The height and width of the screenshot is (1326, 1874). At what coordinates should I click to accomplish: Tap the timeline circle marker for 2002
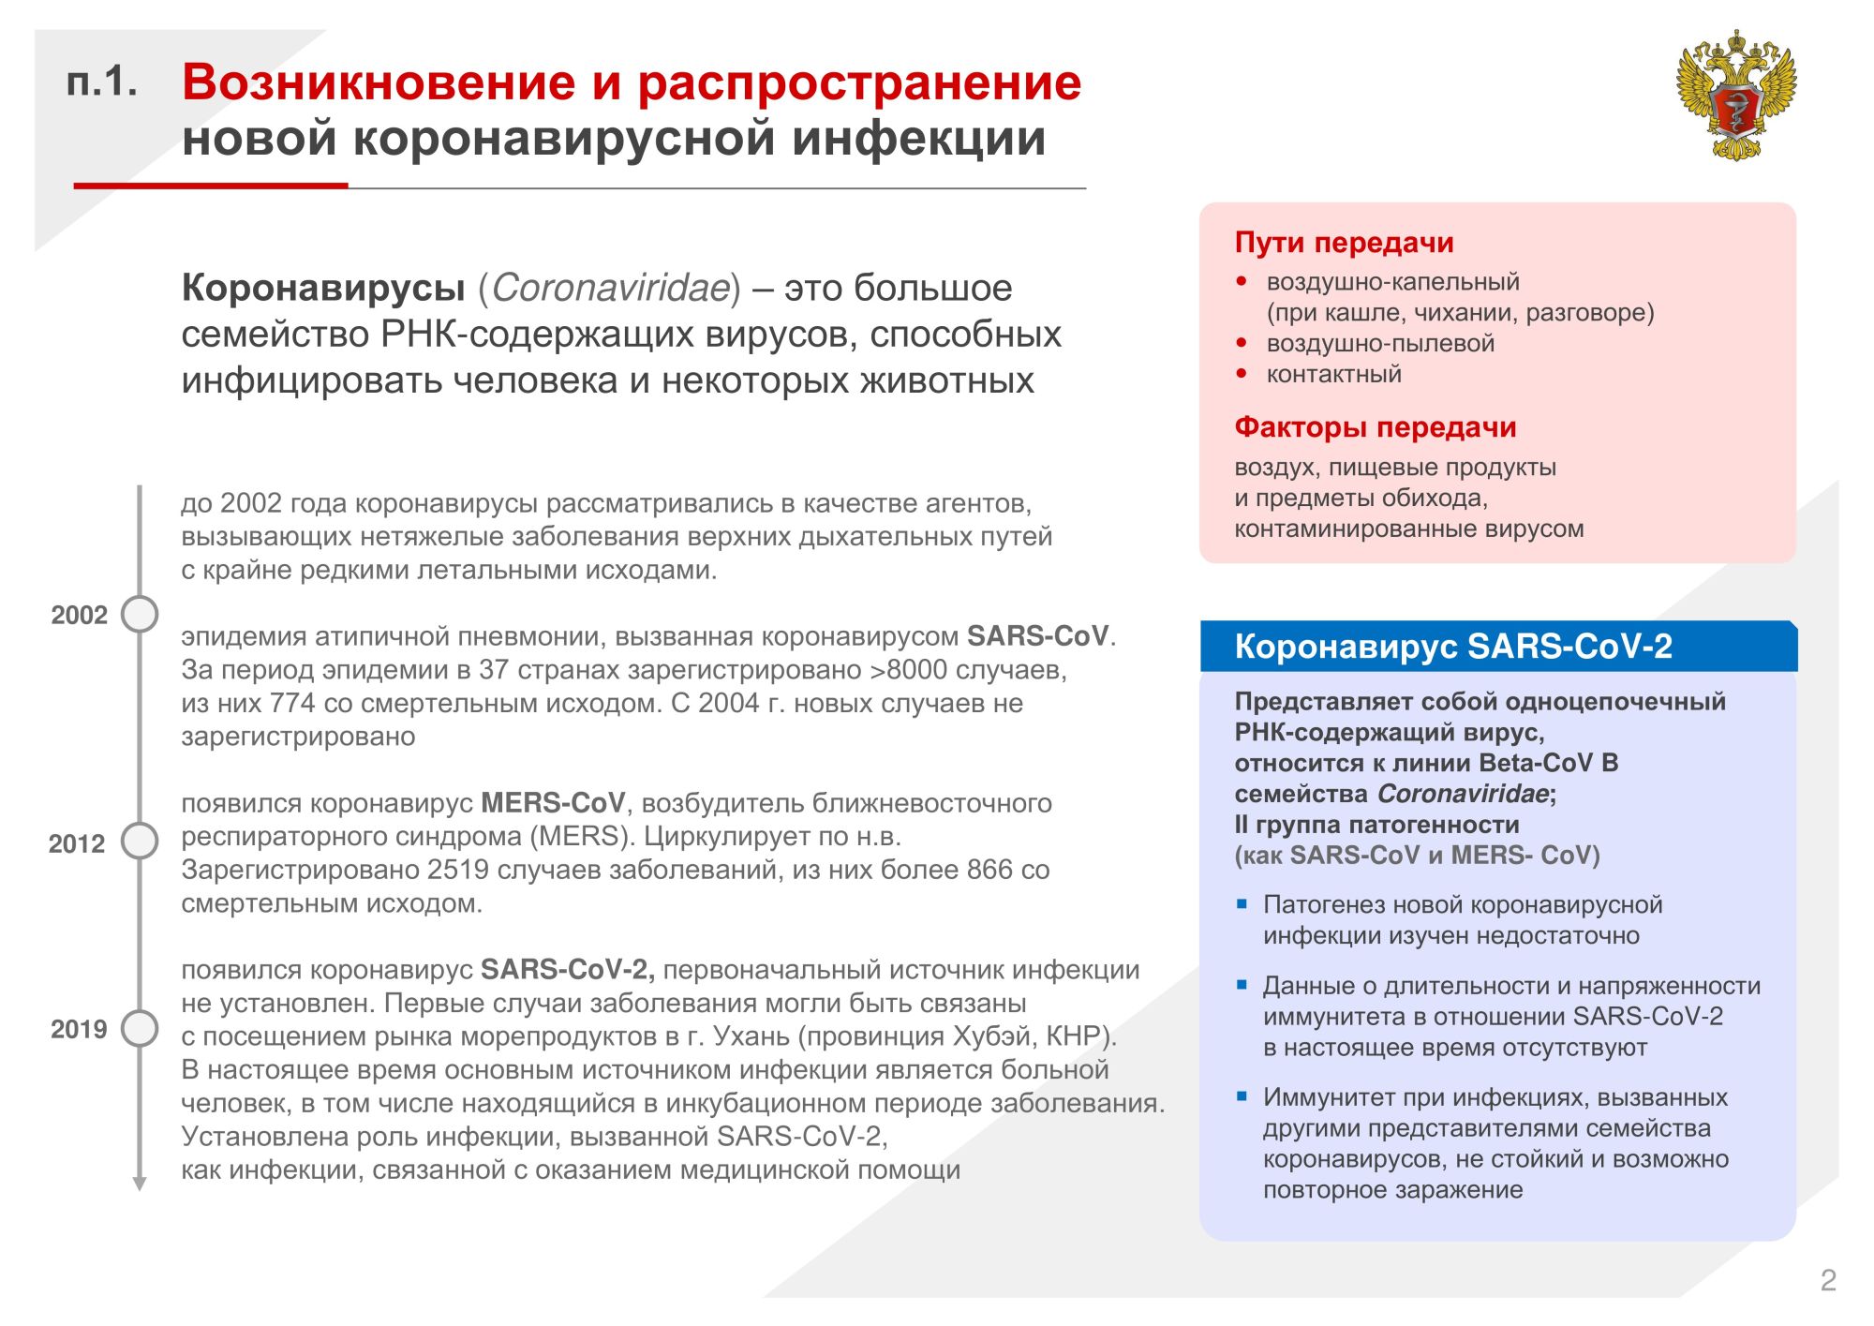pos(140,615)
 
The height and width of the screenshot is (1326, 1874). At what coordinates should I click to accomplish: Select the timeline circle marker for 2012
pos(140,842)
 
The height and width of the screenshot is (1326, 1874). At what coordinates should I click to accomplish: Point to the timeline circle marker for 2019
pos(140,1028)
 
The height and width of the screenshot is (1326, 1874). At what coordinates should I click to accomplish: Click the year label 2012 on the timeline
pos(77,844)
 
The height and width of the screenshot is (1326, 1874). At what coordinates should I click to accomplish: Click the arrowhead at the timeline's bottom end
pos(140,1184)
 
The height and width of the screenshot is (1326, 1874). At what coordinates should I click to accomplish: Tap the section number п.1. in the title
pos(101,82)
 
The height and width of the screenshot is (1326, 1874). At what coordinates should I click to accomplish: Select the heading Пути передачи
pos(1344,243)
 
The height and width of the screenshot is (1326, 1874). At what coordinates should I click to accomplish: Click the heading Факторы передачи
pos(1375,427)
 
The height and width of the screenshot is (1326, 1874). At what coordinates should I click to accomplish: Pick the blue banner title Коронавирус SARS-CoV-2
pos(1452,647)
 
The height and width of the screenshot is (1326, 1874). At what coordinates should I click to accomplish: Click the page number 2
pos(1827,1280)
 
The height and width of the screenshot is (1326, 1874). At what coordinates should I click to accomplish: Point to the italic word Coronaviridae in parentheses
pos(610,288)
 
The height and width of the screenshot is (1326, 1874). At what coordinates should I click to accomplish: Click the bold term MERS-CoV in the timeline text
pos(553,803)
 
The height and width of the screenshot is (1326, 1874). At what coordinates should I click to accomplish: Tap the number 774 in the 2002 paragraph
pos(292,703)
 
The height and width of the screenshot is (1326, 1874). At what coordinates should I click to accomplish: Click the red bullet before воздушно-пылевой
pos(1242,343)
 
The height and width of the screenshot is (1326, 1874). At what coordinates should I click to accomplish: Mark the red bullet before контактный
pos(1242,374)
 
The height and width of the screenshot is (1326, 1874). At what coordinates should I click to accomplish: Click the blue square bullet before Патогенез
pos(1242,904)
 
